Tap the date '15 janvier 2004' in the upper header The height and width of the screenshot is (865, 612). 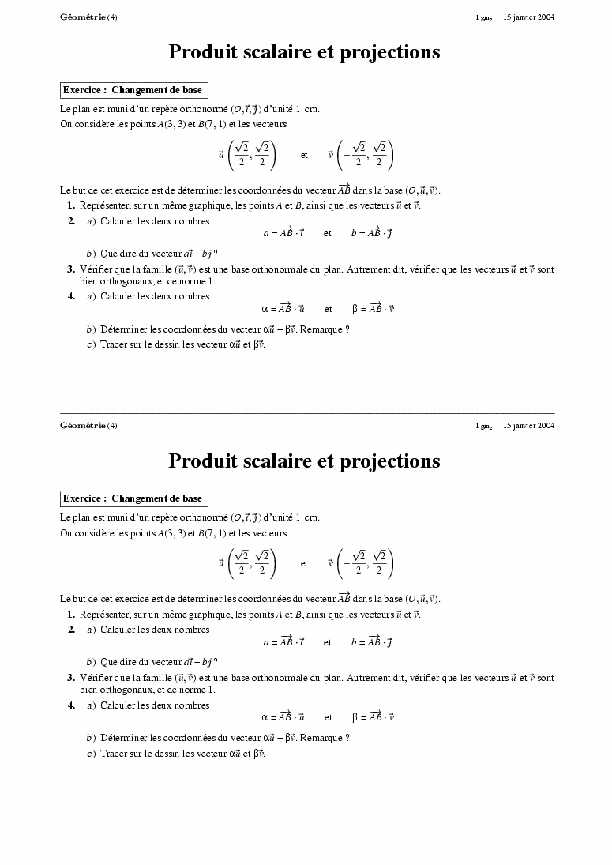pyautogui.click(x=528, y=17)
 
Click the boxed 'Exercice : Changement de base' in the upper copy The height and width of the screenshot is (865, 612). pyautogui.click(x=133, y=90)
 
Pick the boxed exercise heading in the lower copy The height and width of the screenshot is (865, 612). pyautogui.click(x=133, y=498)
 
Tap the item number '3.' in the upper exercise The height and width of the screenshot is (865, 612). pyautogui.click(x=71, y=269)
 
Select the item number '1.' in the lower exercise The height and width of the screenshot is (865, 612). pyautogui.click(x=71, y=615)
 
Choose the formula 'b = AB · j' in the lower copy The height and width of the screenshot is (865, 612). pyautogui.click(x=372, y=641)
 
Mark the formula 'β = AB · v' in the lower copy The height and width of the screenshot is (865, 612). pyautogui.click(x=373, y=717)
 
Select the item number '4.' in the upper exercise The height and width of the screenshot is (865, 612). pyautogui.click(x=71, y=296)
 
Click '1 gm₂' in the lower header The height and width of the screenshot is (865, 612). pyautogui.click(x=484, y=426)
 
